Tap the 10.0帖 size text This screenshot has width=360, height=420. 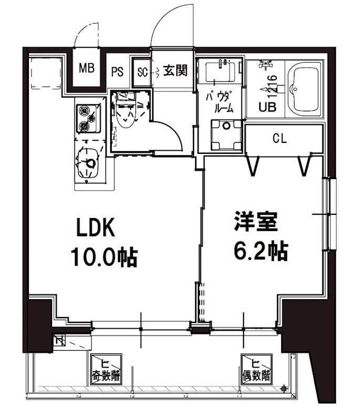[104, 257]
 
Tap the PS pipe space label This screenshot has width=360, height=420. [117, 72]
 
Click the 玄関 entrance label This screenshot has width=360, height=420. [175, 70]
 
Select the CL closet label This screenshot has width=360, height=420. [279, 139]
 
